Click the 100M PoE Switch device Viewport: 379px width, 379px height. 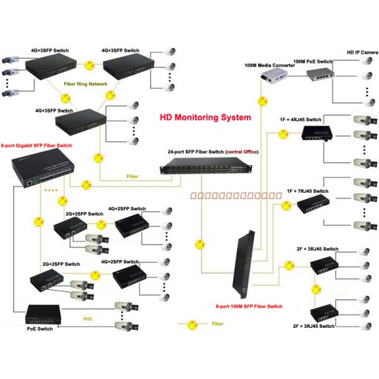pyautogui.click(x=320, y=76)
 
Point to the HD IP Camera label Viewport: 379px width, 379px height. pyautogui.click(x=362, y=52)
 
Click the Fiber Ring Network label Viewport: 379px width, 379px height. pyautogui.click(x=85, y=83)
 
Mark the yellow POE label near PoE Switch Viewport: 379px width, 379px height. pyautogui.click(x=88, y=319)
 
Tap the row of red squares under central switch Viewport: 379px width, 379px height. pyautogui.click(x=236, y=196)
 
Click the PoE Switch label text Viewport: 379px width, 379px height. pyautogui.click(x=40, y=328)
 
